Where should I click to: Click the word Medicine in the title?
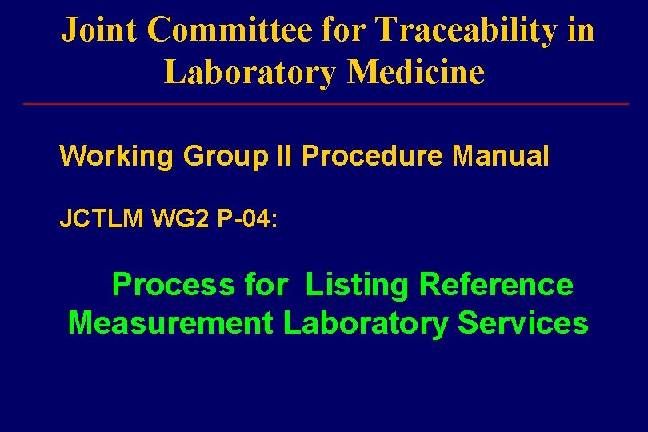(x=416, y=71)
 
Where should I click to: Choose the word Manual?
(x=501, y=155)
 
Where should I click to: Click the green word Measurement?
(x=170, y=323)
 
